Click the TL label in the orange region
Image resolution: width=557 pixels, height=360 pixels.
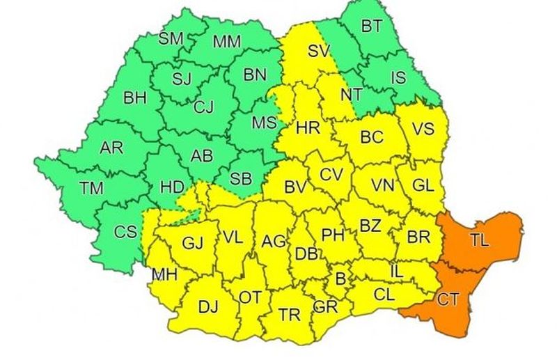479,242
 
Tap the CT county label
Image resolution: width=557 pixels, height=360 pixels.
448,300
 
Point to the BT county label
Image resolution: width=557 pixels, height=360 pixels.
372,26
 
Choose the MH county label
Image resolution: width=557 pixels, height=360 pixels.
164,274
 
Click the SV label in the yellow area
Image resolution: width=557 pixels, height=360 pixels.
319,52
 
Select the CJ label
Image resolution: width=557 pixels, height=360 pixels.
203,107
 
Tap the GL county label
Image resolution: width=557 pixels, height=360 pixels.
423,185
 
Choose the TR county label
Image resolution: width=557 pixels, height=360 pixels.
290,314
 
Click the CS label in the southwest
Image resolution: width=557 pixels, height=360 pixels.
125,232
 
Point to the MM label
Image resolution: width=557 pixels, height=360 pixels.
226,42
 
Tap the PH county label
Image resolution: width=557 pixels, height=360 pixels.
333,235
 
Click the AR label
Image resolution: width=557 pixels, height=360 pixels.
111,148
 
